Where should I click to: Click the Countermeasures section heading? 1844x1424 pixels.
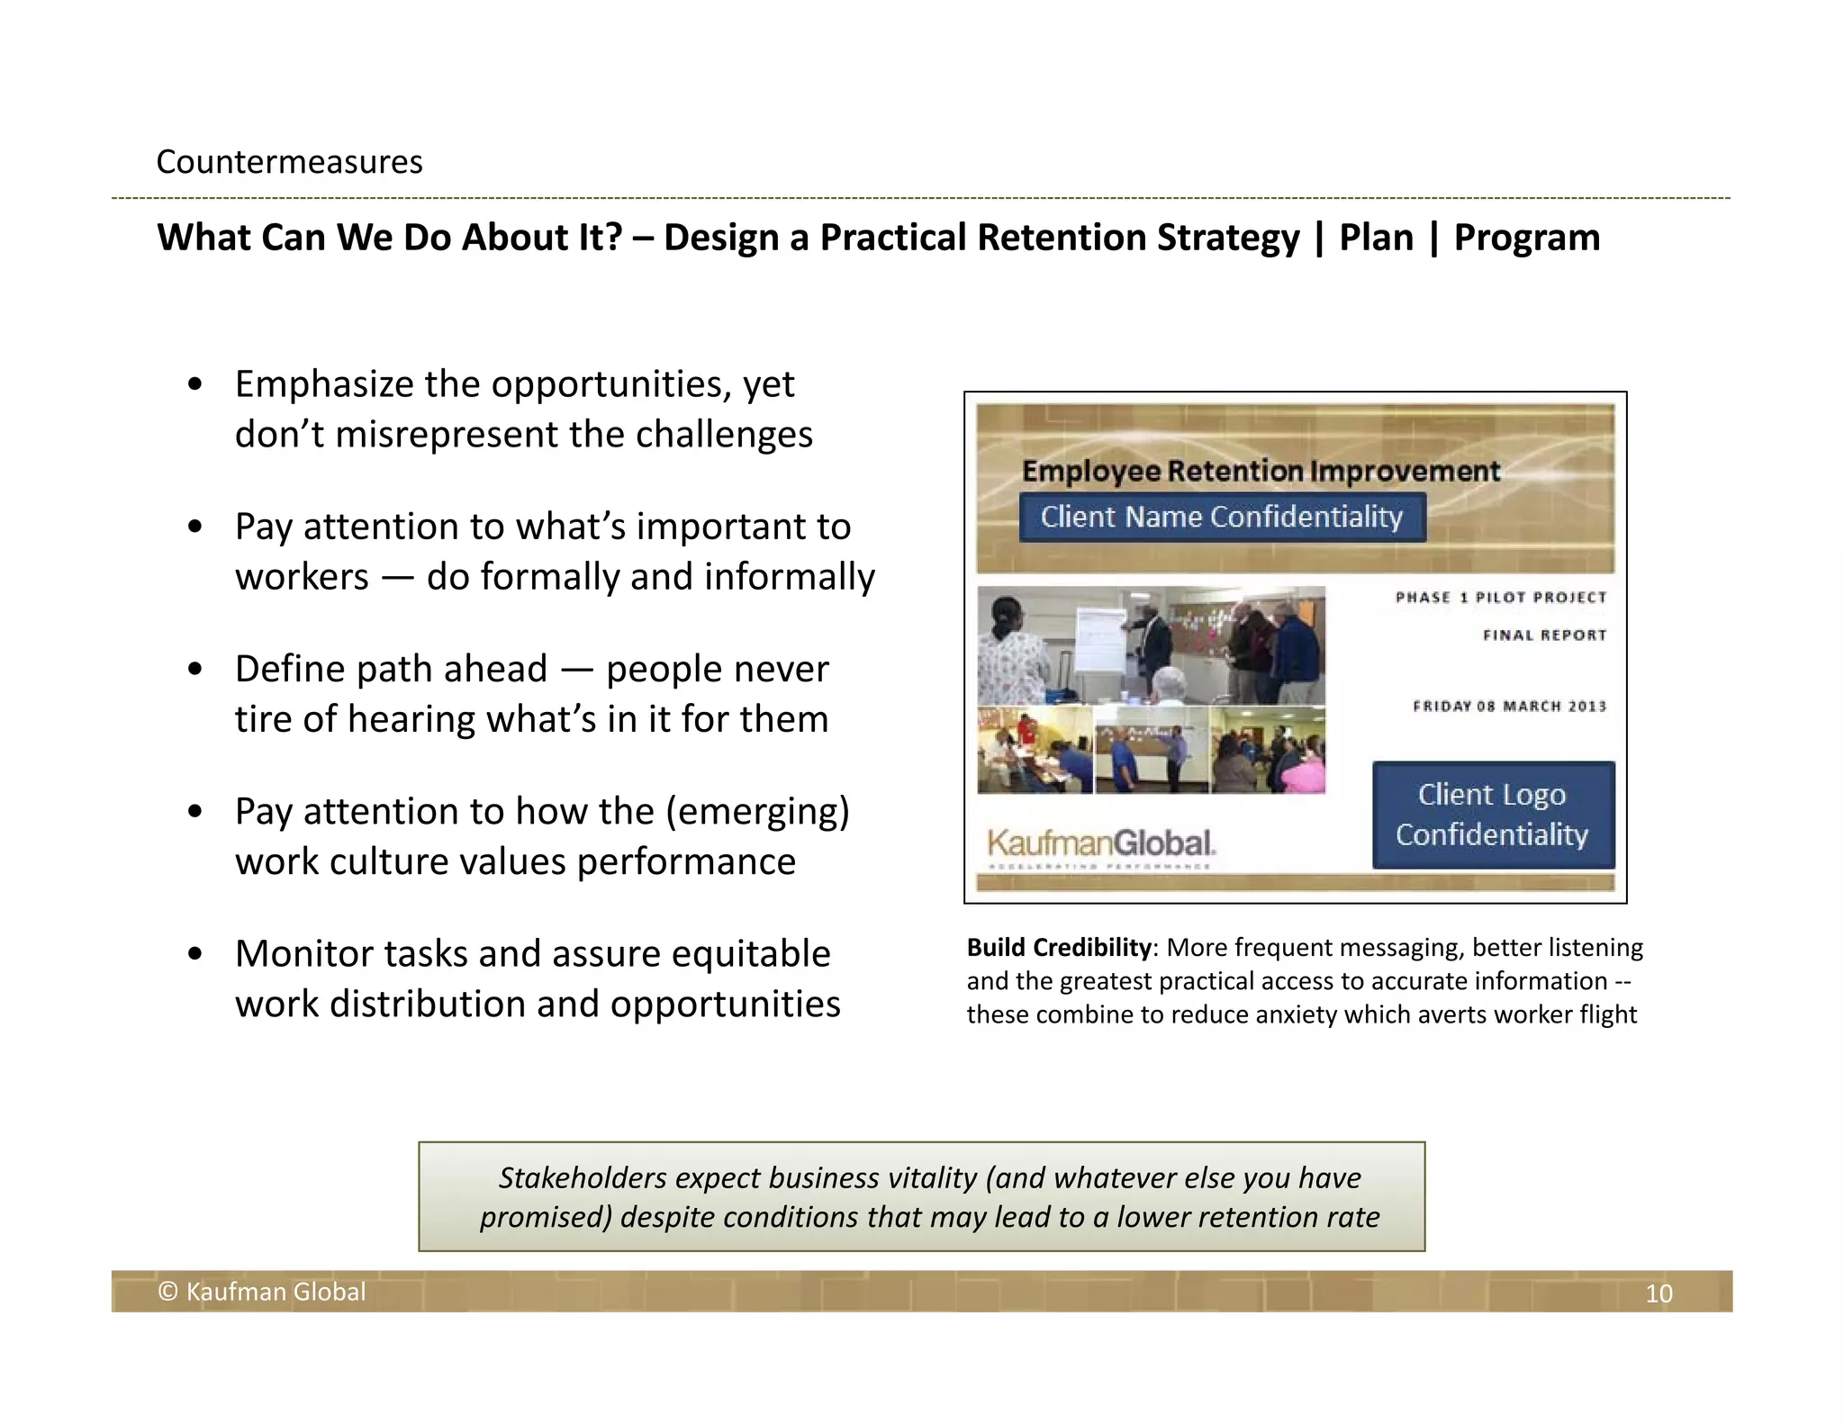(x=289, y=162)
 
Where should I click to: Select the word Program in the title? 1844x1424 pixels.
(x=1527, y=238)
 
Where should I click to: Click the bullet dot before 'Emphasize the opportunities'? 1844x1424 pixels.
(x=195, y=385)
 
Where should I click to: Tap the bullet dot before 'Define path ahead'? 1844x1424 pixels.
(x=195, y=671)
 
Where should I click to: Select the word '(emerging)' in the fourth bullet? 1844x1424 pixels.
(x=757, y=812)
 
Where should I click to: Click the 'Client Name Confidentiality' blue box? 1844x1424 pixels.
(x=1222, y=518)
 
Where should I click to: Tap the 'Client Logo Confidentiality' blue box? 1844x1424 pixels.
(x=1492, y=815)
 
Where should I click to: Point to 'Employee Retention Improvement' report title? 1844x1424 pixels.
(x=1261, y=471)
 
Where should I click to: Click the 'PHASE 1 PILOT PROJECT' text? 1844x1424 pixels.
(x=1500, y=598)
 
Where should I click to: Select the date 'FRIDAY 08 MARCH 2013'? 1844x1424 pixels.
(x=1509, y=707)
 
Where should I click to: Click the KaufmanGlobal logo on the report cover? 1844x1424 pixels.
(x=1101, y=845)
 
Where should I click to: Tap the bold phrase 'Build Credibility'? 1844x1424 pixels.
(x=1059, y=948)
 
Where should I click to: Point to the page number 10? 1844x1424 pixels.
(x=1659, y=1293)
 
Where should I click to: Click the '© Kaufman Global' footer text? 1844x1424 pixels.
(x=262, y=1293)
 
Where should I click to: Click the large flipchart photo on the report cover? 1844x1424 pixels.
(x=1151, y=645)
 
